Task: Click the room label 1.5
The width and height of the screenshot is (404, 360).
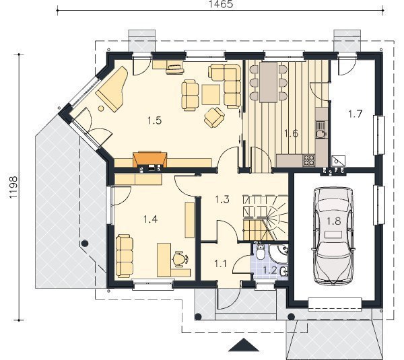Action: click(x=155, y=120)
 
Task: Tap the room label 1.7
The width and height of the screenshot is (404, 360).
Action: click(x=356, y=114)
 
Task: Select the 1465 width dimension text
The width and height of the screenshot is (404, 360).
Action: click(x=221, y=4)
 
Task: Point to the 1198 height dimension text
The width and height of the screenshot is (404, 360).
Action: click(x=13, y=187)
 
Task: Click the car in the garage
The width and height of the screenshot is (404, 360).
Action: click(x=333, y=236)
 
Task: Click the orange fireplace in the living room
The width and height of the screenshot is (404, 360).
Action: click(x=150, y=159)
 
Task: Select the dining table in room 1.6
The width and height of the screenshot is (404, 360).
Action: click(x=269, y=82)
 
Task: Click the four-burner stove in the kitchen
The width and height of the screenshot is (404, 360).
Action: click(x=309, y=160)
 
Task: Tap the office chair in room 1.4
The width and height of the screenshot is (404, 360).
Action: click(x=180, y=258)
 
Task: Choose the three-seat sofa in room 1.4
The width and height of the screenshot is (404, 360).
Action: click(x=125, y=256)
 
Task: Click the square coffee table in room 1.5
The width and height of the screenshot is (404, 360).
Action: click(x=211, y=94)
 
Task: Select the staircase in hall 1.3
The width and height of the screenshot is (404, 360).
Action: click(x=265, y=218)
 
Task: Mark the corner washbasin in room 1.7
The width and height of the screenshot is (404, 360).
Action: click(x=338, y=161)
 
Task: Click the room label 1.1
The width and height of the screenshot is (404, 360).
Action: click(x=221, y=264)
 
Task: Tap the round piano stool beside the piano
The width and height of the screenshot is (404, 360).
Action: click(x=101, y=108)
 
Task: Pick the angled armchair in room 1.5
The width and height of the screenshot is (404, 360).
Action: click(x=214, y=117)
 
